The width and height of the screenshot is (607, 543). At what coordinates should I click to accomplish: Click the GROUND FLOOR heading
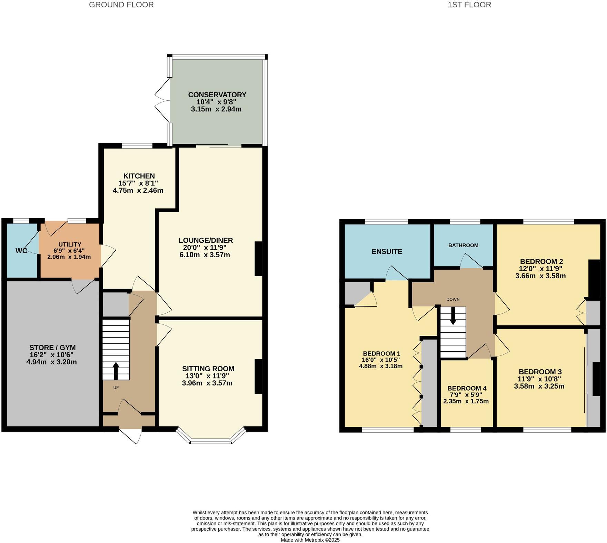(x=121, y=5)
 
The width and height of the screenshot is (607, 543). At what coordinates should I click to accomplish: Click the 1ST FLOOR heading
(x=469, y=5)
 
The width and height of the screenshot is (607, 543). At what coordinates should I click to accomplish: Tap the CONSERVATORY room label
(x=217, y=95)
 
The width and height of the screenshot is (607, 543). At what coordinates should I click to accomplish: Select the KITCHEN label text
(x=139, y=176)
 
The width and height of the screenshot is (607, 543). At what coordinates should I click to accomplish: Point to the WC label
(x=21, y=251)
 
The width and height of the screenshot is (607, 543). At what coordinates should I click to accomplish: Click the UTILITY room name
(x=70, y=244)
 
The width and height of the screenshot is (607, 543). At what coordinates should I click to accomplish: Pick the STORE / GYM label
(x=52, y=348)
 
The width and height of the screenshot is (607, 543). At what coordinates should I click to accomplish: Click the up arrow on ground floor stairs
(x=116, y=371)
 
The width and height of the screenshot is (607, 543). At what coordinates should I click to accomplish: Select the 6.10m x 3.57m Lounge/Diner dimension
(x=205, y=255)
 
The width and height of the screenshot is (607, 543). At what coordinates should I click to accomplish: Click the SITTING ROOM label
(x=208, y=369)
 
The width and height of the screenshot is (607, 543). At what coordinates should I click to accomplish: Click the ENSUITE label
(x=387, y=252)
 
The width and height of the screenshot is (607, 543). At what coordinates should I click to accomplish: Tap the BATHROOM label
(x=463, y=245)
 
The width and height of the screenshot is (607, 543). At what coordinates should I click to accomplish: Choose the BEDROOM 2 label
(x=541, y=261)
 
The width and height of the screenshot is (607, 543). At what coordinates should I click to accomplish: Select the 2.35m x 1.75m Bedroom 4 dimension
(x=466, y=401)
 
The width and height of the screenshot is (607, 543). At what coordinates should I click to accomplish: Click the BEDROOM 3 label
(x=540, y=372)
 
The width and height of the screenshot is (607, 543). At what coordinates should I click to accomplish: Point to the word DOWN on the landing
(x=453, y=299)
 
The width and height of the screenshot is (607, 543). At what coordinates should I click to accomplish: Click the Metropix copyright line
(x=310, y=540)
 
